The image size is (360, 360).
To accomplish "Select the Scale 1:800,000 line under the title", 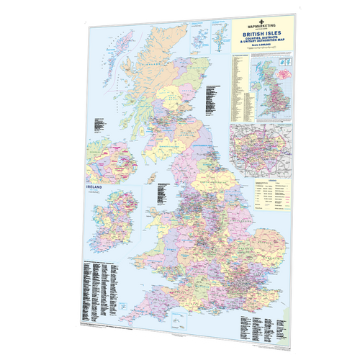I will coord(264,55).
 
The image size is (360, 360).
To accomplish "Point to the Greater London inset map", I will coord(261,148).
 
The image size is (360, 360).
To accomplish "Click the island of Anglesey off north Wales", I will coord(162,216).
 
